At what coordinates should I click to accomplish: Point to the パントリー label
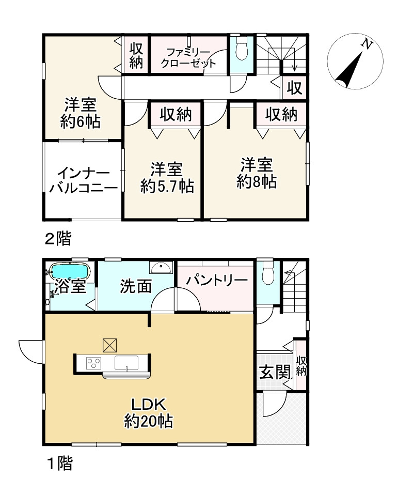(x=217, y=280)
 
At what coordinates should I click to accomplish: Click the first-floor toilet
(x=267, y=273)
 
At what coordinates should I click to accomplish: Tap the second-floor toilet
(x=240, y=49)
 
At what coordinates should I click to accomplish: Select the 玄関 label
(x=274, y=372)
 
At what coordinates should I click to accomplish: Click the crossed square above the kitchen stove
(x=110, y=344)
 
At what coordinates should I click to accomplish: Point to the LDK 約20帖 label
(x=148, y=413)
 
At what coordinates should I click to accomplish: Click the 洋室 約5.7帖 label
(x=166, y=177)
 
